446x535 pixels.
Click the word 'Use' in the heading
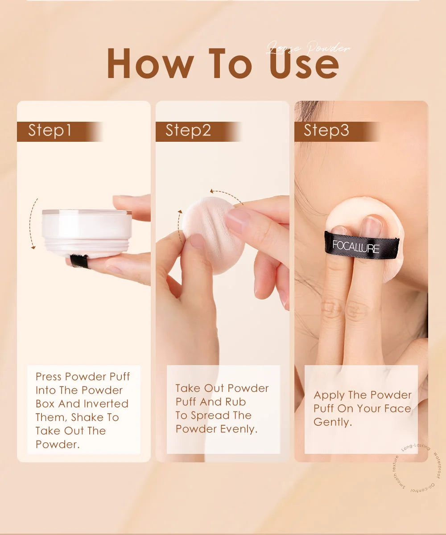(304, 64)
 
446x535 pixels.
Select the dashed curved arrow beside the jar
(32, 223)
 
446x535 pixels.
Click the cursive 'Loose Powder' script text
(308, 49)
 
